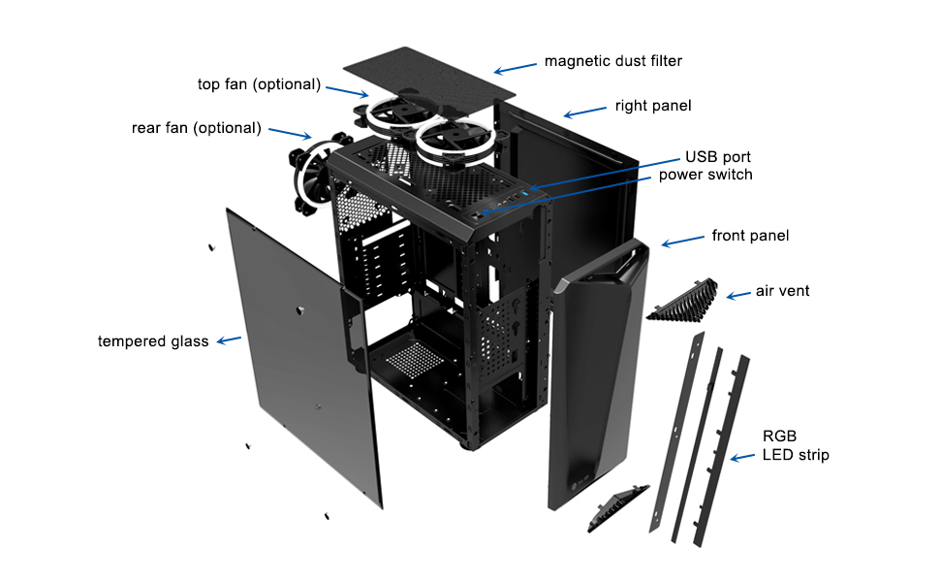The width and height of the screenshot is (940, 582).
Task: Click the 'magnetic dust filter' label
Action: click(613, 61)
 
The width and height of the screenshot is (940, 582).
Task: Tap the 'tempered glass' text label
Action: click(153, 341)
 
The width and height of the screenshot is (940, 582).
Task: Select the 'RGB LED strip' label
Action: click(796, 445)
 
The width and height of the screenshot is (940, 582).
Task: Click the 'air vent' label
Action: click(783, 291)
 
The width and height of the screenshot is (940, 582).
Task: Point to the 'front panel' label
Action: click(750, 236)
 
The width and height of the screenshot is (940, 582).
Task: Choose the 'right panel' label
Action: click(653, 105)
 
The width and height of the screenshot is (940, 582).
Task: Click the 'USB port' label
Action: click(718, 157)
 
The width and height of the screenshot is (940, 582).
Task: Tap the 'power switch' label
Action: click(705, 175)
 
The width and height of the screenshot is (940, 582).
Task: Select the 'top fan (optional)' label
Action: click(259, 84)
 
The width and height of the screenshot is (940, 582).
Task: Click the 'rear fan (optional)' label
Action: click(197, 128)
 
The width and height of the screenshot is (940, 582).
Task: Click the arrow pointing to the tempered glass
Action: click(229, 340)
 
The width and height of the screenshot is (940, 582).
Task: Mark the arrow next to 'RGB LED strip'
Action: click(743, 456)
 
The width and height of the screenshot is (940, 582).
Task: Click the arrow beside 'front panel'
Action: click(683, 241)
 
